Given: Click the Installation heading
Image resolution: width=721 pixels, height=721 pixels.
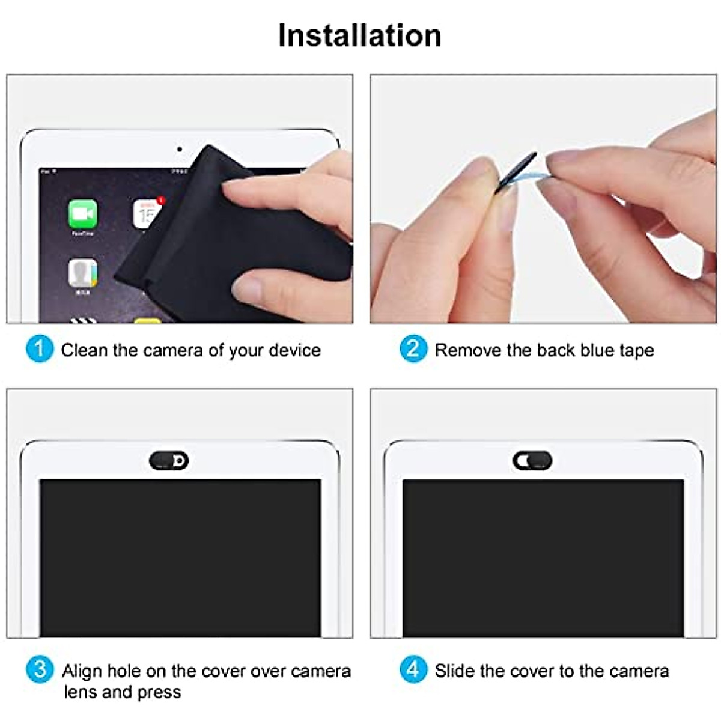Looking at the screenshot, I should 359,35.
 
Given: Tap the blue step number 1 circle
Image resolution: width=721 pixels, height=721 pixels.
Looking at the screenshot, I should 40,349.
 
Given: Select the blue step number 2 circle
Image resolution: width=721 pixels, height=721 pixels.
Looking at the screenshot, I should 413,349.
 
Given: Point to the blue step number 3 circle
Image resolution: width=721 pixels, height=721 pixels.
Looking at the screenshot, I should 40,669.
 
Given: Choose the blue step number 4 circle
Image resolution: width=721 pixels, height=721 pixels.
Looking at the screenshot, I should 413,669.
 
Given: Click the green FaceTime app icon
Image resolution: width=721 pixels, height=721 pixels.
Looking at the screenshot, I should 82,213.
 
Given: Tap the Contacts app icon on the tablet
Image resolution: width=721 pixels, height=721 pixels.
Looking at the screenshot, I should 82,273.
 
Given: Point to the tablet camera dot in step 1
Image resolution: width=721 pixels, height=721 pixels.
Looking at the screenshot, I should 179,149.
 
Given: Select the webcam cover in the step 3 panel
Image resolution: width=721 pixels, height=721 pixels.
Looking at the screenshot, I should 169,461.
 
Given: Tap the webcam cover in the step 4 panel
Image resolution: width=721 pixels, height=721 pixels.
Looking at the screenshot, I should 532,461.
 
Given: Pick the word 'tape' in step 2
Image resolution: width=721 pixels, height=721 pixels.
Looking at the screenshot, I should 635,351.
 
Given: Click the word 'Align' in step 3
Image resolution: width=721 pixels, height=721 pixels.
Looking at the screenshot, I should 82,671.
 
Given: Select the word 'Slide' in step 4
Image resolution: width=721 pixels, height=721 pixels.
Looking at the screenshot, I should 454,671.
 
